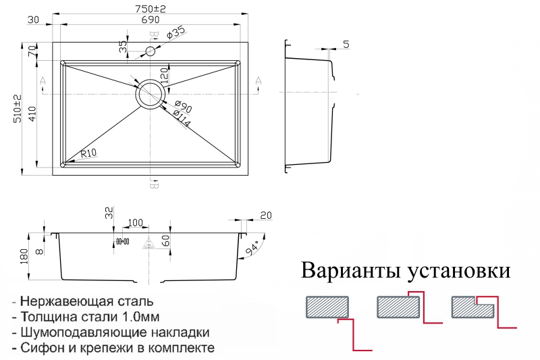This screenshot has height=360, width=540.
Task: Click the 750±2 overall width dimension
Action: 150,8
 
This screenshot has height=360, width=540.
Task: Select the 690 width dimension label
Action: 150,20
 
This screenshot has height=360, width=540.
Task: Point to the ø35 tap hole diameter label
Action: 175,32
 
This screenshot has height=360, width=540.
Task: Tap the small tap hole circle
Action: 150,51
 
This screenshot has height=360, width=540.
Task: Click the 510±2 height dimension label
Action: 18,109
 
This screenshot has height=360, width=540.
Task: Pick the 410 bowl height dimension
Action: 32,113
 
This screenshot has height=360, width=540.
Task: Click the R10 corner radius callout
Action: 88,153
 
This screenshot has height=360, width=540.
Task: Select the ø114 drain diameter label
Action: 181,119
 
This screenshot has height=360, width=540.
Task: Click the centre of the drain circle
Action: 150,94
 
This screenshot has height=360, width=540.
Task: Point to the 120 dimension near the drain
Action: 164,76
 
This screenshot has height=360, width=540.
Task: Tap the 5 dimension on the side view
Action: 346,44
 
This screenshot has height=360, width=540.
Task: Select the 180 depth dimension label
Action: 24,256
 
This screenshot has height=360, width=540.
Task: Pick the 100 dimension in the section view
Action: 135,222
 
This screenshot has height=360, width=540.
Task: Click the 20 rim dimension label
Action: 266,215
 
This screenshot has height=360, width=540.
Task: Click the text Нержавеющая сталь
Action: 87,301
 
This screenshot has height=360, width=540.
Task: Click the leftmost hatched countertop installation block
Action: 327,307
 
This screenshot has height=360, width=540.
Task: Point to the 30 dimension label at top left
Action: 33,20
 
